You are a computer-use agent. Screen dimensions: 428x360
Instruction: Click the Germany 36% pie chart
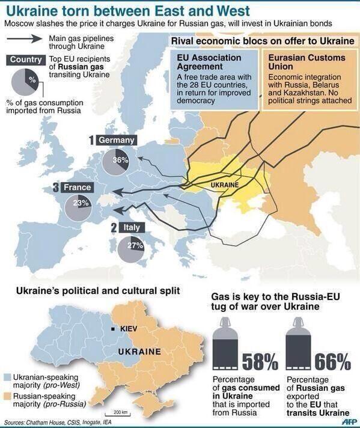[118, 160]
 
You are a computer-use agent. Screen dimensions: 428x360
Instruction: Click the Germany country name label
[116, 140]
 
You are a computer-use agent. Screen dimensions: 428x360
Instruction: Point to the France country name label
[77, 188]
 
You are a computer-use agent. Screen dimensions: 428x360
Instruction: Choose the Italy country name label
[132, 228]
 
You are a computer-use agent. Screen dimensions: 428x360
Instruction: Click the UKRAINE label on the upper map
[225, 184]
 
